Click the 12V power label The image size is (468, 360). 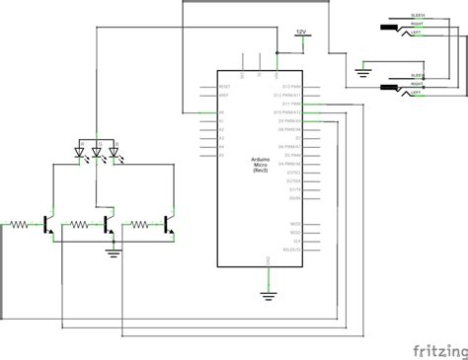[300, 32]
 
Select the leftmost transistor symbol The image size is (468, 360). [48, 226]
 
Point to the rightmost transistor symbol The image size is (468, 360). [169, 226]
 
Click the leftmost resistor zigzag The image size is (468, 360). [18, 226]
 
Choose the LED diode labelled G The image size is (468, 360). [98, 152]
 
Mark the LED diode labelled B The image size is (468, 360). [115, 152]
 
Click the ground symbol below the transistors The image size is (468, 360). [113, 252]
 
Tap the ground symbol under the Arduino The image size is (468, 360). [268, 294]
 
